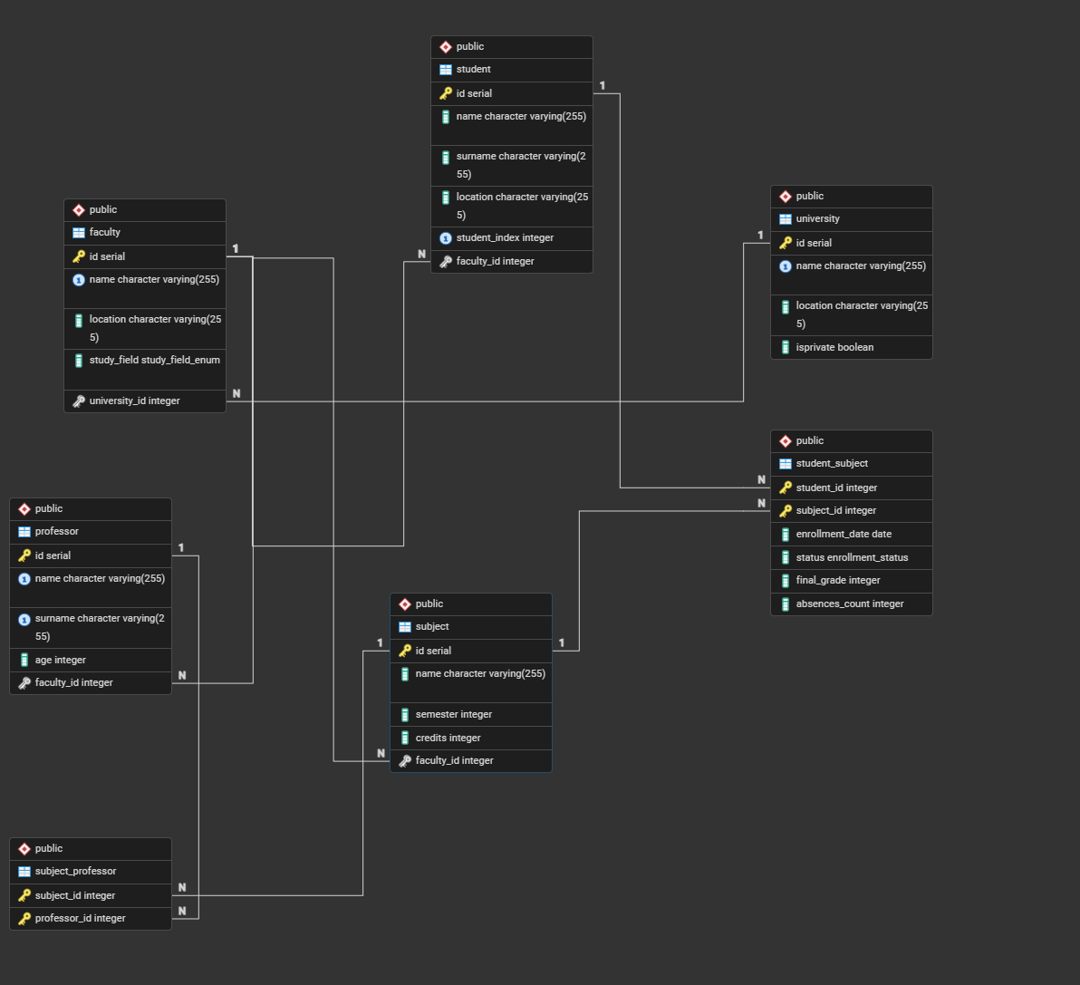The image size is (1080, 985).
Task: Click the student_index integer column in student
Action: click(505, 238)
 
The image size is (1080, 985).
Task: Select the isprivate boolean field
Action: click(834, 347)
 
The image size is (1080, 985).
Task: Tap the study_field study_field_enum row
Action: click(154, 361)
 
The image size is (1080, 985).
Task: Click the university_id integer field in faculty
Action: click(134, 401)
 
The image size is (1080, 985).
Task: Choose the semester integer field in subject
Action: click(453, 715)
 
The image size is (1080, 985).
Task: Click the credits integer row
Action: click(448, 738)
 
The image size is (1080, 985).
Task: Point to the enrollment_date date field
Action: click(844, 535)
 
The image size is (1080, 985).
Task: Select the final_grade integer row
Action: click(838, 581)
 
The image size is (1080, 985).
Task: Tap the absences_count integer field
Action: click(849, 604)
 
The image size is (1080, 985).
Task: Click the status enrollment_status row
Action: click(852, 557)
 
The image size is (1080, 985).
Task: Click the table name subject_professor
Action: click(75, 872)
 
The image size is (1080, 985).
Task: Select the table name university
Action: click(817, 219)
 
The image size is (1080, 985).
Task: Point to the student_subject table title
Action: click(832, 464)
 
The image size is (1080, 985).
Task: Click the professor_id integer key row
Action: click(80, 918)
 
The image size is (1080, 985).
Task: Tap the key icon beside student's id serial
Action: click(446, 93)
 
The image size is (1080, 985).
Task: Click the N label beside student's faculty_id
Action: click(421, 255)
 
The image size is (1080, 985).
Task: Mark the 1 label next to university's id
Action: click(760, 236)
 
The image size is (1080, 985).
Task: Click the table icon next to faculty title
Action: click(79, 233)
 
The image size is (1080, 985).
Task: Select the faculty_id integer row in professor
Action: click(73, 683)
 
